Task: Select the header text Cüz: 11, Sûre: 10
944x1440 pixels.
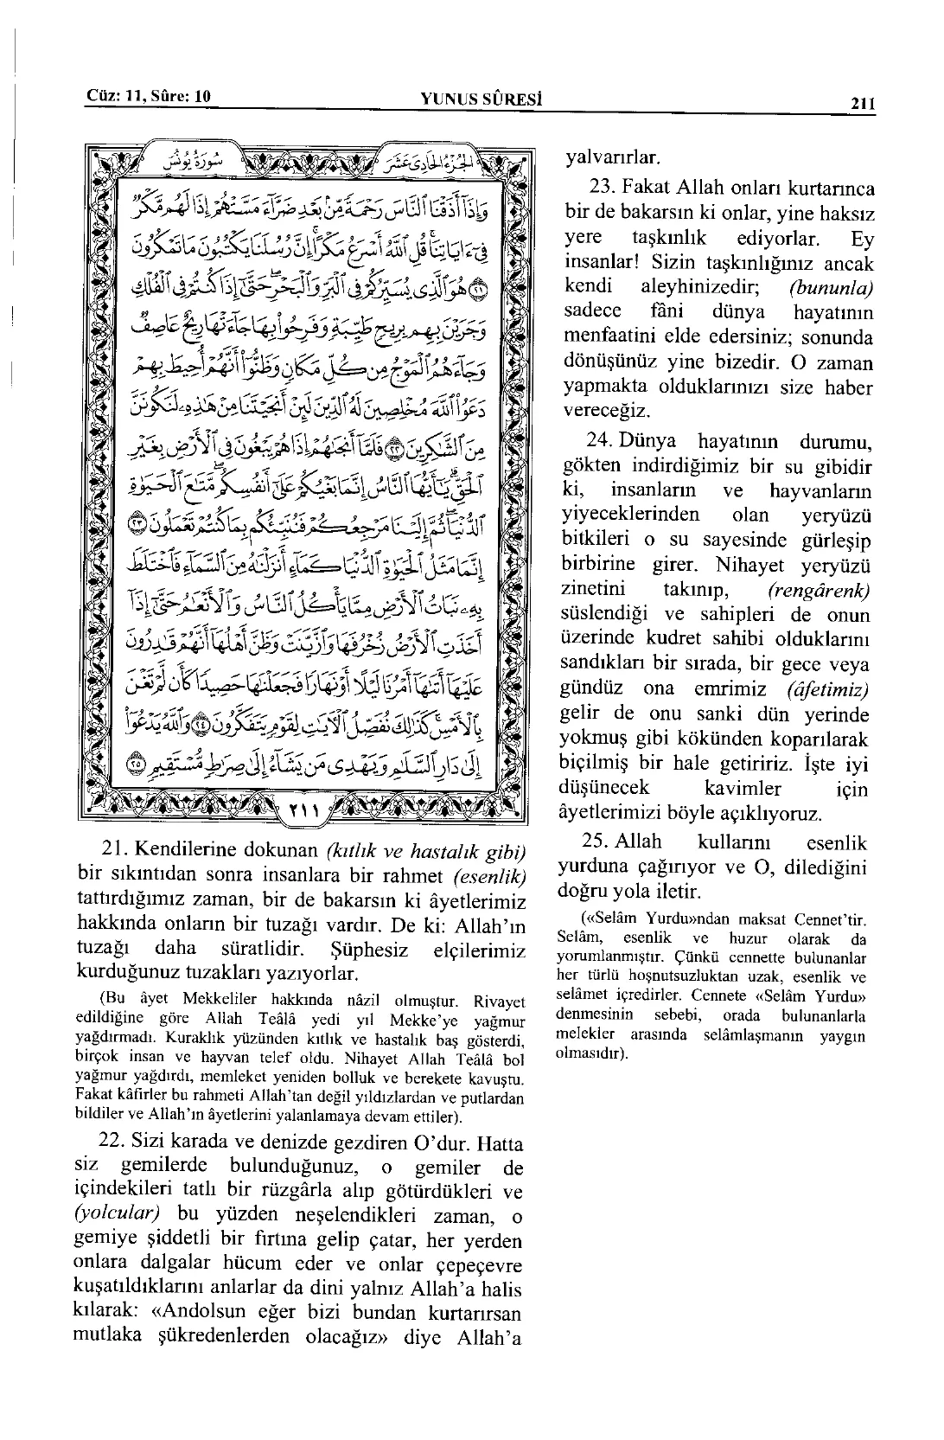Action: click(x=149, y=96)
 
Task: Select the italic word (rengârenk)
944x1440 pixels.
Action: click(x=818, y=591)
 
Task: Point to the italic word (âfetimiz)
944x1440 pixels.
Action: click(x=827, y=690)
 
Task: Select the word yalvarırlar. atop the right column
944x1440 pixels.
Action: click(x=612, y=158)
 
